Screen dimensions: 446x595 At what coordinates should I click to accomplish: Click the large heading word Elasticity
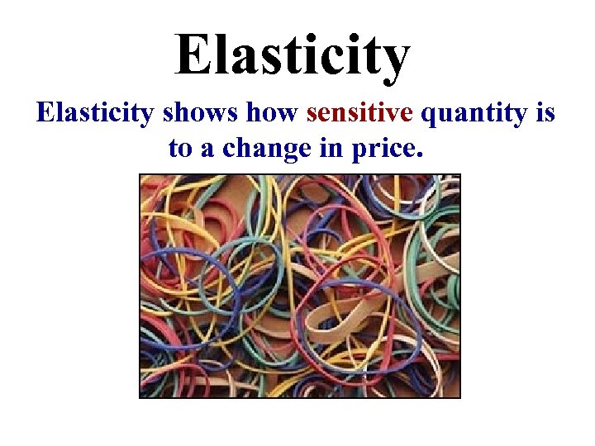tap(292, 55)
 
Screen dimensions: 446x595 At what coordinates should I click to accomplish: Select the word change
tap(255, 149)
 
